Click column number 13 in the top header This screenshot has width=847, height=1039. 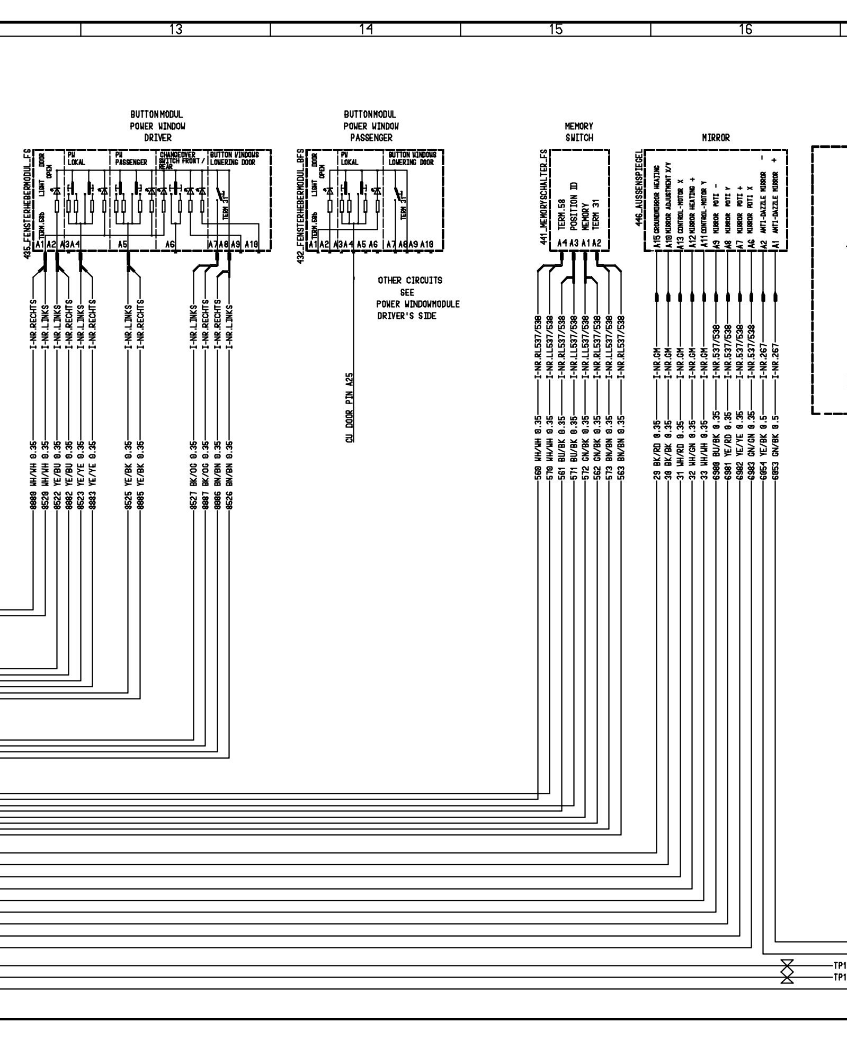(x=176, y=30)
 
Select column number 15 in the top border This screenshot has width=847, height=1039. (x=556, y=30)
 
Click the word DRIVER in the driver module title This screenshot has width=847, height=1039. (x=158, y=138)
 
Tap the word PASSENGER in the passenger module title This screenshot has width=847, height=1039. (x=371, y=138)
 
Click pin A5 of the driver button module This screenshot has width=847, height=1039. (x=122, y=244)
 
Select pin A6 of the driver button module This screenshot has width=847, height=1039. (x=170, y=244)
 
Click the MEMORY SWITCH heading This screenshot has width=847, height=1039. (x=579, y=132)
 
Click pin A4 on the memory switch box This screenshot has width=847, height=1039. (x=563, y=243)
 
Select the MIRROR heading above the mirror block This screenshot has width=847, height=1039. (x=716, y=138)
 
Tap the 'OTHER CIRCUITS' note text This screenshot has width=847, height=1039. (x=409, y=280)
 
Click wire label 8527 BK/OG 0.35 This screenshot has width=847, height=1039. (x=194, y=474)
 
